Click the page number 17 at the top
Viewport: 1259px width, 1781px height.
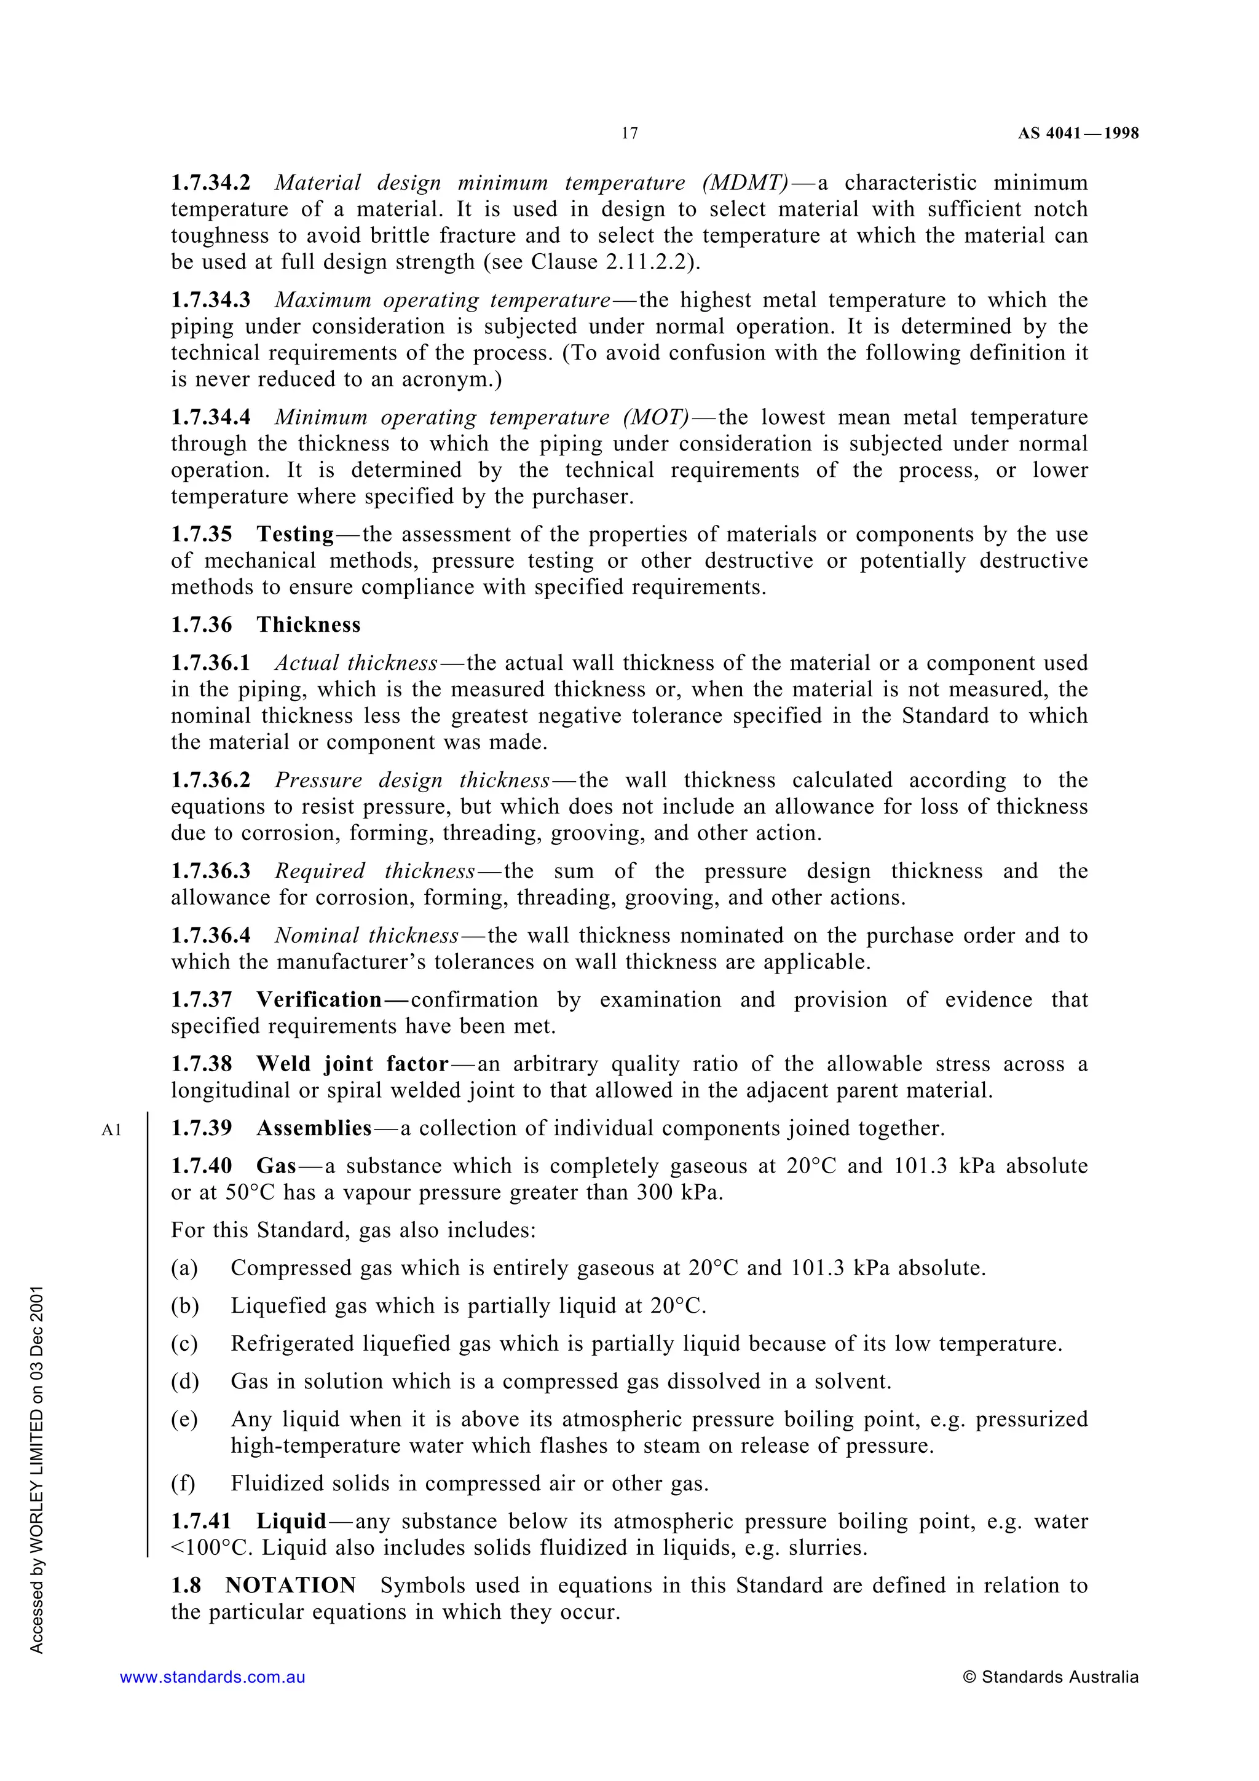tap(629, 133)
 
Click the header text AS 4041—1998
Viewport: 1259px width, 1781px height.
tap(1078, 133)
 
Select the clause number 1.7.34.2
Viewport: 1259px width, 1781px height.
tap(211, 183)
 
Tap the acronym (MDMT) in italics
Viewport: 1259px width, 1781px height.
tap(746, 183)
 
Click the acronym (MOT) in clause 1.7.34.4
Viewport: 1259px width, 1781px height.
tap(655, 417)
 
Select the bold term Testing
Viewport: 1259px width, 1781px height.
tap(296, 535)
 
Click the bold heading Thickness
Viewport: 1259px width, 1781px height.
tap(309, 625)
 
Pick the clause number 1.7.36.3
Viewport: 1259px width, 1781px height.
tap(211, 871)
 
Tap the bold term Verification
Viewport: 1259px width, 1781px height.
tap(320, 1000)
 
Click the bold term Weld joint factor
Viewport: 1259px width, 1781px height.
tap(353, 1064)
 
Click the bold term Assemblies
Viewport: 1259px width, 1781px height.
tap(314, 1128)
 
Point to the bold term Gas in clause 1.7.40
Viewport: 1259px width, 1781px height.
tap(277, 1166)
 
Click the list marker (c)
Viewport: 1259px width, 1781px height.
tap(184, 1343)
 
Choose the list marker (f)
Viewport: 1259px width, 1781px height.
tap(183, 1484)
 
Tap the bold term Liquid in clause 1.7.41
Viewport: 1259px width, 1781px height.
tap(291, 1522)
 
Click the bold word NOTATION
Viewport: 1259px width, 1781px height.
tap(291, 1586)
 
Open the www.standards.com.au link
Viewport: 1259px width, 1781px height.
tap(213, 1677)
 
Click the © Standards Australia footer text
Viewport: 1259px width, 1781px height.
tap(1051, 1677)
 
